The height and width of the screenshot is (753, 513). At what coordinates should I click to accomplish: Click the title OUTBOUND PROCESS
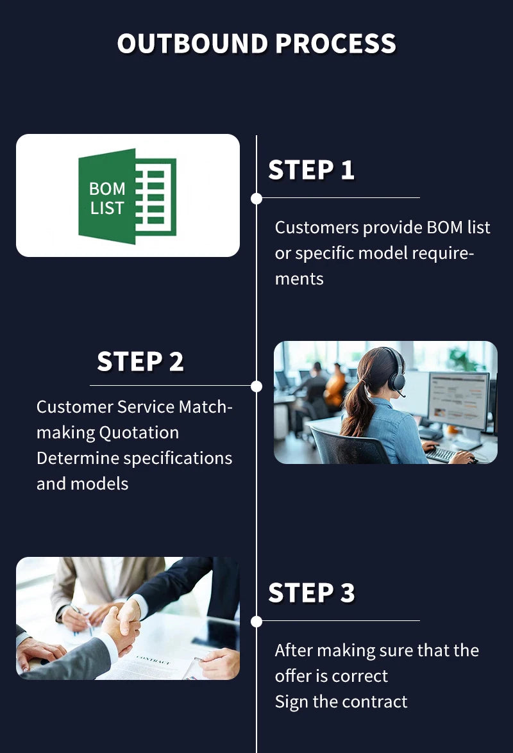tap(256, 44)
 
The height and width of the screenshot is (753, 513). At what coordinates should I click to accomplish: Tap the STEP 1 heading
tap(311, 170)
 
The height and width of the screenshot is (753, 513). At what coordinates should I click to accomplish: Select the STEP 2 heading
tap(140, 361)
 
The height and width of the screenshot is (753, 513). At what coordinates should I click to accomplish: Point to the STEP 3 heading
tap(312, 593)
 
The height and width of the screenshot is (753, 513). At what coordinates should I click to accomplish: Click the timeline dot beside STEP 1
tap(256, 199)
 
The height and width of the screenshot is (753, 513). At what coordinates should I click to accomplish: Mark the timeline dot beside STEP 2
tap(256, 386)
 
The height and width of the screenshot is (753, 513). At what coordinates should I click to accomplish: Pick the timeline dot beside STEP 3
tap(256, 622)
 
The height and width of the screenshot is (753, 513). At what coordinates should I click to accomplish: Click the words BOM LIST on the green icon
tap(107, 199)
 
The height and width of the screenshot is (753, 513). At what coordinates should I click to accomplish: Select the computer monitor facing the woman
tap(458, 400)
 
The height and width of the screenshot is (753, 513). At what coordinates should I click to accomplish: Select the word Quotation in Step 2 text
tap(139, 433)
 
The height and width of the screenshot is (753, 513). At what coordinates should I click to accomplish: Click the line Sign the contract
tap(341, 702)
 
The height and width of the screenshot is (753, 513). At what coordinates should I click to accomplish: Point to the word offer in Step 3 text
tap(292, 676)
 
